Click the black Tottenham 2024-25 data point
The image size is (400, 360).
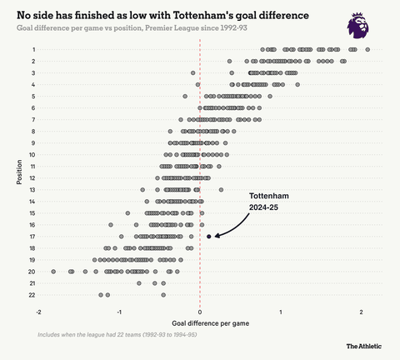tap(209, 237)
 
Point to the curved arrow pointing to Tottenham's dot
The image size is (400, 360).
tap(233, 226)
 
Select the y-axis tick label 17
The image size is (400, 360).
tap(32, 237)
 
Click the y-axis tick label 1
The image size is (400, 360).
tap(33, 50)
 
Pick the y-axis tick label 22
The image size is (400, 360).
tap(32, 295)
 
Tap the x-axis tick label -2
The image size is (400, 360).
tap(39, 312)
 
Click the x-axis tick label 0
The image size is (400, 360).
tap(200, 312)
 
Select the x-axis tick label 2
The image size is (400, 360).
tap(361, 312)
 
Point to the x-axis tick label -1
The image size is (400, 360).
tap(119, 312)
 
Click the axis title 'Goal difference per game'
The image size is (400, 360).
tap(200, 323)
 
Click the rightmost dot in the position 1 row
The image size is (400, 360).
tap(367, 50)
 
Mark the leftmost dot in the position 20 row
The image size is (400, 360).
tap(53, 272)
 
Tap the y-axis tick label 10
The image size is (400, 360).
tap(32, 155)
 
